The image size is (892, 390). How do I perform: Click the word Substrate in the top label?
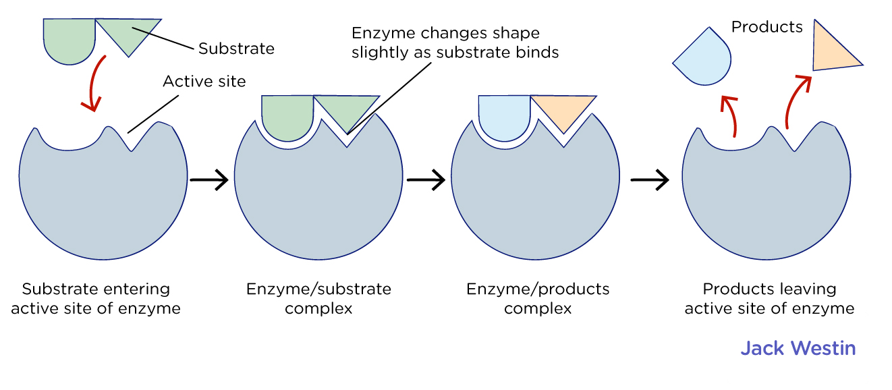pyautogui.click(x=236, y=49)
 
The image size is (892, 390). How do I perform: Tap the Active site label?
pyautogui.click(x=204, y=82)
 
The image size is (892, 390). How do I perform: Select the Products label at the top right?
pyautogui.click(x=767, y=27)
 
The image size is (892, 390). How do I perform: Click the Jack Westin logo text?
pyautogui.click(x=798, y=348)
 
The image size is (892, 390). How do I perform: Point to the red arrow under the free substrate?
pyautogui.click(x=94, y=83)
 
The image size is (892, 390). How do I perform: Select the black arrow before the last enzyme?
pyautogui.click(x=649, y=179)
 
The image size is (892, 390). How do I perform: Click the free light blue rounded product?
pyautogui.click(x=705, y=59)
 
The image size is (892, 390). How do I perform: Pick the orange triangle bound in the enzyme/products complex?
pyautogui.click(x=563, y=110)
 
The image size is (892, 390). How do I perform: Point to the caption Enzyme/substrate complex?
pyautogui.click(x=318, y=298)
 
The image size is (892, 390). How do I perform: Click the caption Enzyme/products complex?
pyautogui.click(x=538, y=298)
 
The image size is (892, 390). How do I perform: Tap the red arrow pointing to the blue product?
pyautogui.click(x=730, y=116)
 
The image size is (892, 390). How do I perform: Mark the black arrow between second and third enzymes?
pyautogui.click(x=426, y=179)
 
